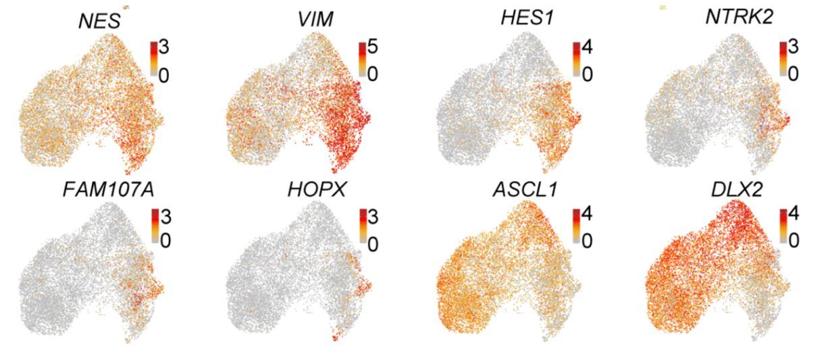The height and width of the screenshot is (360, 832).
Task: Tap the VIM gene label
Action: [315, 20]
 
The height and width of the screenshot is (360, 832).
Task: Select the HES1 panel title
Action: [527, 18]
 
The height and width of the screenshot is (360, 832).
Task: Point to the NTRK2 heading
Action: [739, 17]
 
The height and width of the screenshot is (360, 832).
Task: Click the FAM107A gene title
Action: [108, 190]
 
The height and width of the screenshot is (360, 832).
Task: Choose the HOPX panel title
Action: [317, 190]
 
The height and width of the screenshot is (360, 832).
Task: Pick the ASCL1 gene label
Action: [525, 190]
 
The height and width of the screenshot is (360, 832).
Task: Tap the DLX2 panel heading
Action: [737, 190]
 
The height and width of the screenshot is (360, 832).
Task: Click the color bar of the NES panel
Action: [154, 59]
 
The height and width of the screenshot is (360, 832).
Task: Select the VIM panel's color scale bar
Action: [363, 59]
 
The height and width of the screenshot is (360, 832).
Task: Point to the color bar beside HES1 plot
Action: [577, 59]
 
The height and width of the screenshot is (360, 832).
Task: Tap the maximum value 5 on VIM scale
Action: [373, 47]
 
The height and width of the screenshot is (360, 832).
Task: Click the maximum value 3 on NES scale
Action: [164, 47]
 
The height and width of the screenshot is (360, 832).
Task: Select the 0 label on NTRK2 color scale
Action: [793, 74]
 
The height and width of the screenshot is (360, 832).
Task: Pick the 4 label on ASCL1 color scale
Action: [588, 214]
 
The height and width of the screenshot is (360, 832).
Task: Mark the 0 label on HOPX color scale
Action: [373, 245]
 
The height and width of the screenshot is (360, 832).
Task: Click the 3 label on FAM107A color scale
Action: [165, 216]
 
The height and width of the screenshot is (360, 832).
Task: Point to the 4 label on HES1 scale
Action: [588, 47]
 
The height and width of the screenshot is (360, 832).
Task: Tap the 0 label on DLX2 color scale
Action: [794, 242]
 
